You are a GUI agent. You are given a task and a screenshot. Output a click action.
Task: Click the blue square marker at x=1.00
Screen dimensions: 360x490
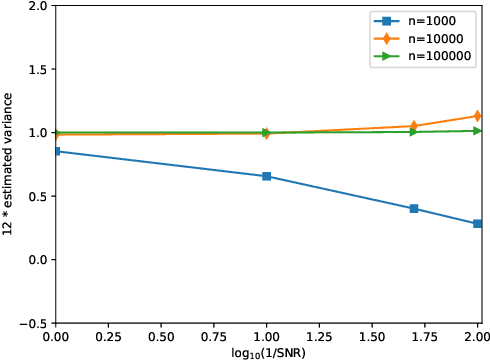click(266, 176)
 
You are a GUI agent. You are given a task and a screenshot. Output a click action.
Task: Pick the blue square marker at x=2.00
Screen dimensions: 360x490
click(478, 224)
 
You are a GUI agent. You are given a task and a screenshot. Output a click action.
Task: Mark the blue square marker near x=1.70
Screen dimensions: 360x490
click(414, 209)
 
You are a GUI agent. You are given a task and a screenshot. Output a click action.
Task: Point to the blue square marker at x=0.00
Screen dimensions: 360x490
click(56, 151)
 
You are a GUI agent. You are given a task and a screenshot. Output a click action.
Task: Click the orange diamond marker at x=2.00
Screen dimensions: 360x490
click(478, 116)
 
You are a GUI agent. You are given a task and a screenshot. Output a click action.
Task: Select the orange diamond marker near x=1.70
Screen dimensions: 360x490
click(414, 126)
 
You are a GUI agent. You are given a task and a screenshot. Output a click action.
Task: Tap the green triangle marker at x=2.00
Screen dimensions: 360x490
click(478, 131)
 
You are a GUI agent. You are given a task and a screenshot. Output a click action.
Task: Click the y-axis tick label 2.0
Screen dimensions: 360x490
click(37, 6)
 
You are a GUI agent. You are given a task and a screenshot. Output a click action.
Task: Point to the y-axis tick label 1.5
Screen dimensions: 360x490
click(37, 70)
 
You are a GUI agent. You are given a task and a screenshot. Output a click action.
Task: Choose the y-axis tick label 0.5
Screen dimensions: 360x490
click(37, 197)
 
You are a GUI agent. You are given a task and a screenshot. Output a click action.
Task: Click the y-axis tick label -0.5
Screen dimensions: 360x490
click(34, 324)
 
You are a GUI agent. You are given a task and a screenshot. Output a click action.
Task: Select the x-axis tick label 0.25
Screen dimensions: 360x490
click(108, 339)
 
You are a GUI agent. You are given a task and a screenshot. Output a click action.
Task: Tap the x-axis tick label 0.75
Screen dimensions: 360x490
click(214, 339)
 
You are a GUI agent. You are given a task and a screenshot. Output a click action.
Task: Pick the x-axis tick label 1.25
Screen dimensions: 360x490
click(319, 339)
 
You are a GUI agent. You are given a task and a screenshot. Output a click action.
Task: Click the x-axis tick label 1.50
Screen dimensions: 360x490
click(372, 339)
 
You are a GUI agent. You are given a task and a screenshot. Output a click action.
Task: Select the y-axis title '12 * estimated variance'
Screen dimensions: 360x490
click(9, 164)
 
